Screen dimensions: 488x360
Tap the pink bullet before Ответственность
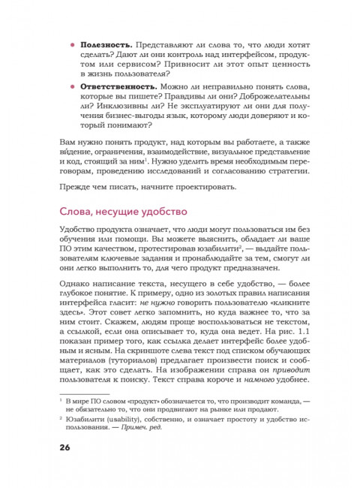(71, 87)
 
